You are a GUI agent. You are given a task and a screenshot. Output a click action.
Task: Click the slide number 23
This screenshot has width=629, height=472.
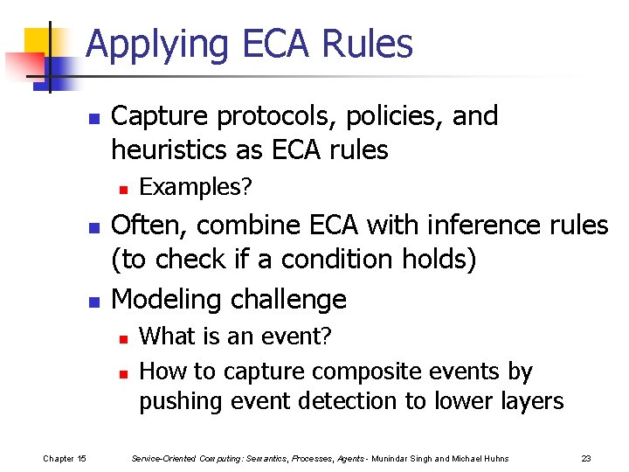tap(585, 457)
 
